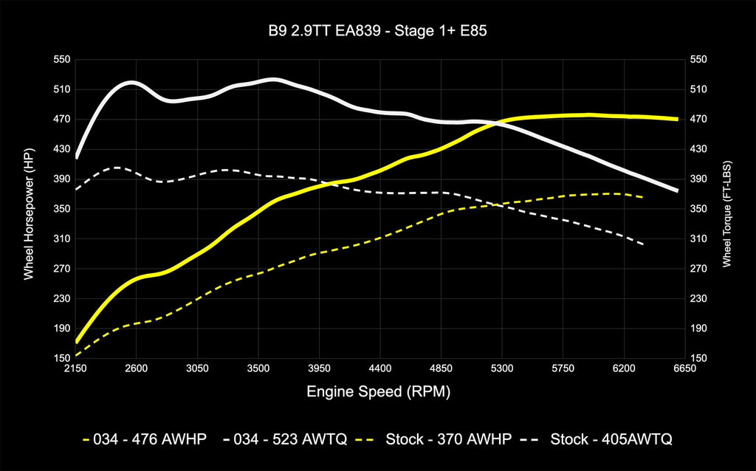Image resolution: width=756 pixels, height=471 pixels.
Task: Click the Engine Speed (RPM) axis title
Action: coord(378,391)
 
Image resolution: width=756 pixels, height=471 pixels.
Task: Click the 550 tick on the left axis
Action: coord(61,59)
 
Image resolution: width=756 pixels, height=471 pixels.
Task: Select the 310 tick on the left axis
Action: coord(61,238)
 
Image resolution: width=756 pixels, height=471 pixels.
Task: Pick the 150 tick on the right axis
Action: coord(698,358)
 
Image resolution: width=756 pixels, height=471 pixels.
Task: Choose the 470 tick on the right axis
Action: coord(698,119)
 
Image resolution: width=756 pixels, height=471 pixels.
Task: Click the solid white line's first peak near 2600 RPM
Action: coord(131,83)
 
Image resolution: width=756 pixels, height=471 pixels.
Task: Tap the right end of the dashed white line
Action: coord(643,244)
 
